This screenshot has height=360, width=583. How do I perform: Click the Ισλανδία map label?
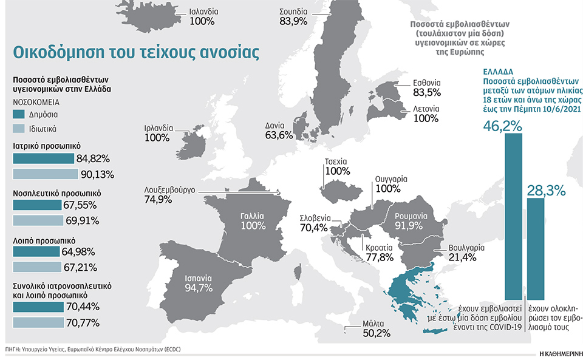202,12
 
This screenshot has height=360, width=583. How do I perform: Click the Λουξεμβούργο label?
169,189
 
